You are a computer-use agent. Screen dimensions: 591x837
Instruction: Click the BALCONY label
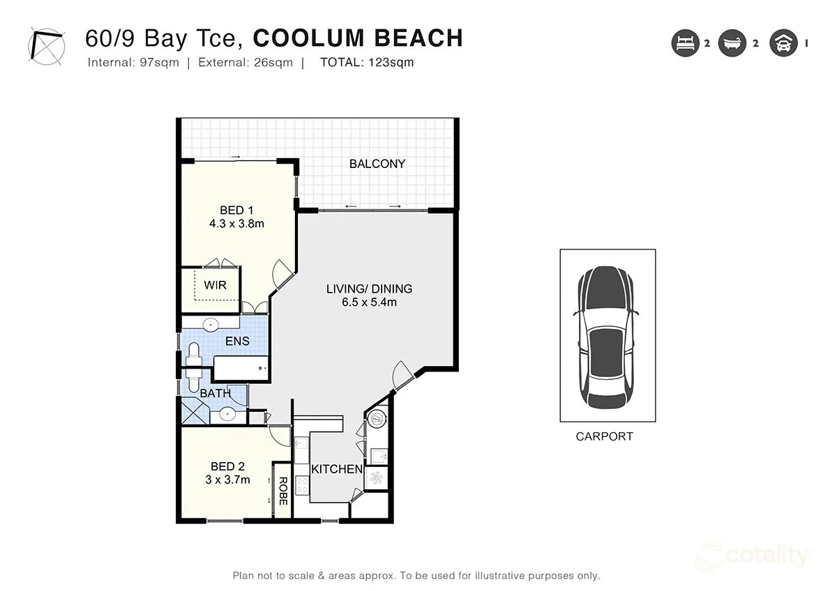[x=377, y=164]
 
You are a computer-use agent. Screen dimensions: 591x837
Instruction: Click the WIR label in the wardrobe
[x=215, y=285]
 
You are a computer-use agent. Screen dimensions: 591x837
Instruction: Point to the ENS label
[x=236, y=341]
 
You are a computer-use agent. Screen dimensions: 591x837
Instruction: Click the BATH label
[x=215, y=394]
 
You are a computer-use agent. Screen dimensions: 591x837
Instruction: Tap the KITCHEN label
[x=337, y=469]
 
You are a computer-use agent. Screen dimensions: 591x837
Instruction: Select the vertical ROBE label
[x=283, y=491]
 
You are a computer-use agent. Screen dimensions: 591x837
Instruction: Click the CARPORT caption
[x=604, y=437]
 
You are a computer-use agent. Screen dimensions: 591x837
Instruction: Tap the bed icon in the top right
[x=684, y=43]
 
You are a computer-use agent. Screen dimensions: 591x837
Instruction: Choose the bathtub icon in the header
[x=732, y=43]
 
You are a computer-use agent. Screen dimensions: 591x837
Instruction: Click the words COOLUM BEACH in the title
[x=358, y=38]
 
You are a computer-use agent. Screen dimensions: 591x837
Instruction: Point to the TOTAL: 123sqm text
[x=367, y=63]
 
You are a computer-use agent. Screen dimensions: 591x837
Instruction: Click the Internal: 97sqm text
[x=133, y=63]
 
